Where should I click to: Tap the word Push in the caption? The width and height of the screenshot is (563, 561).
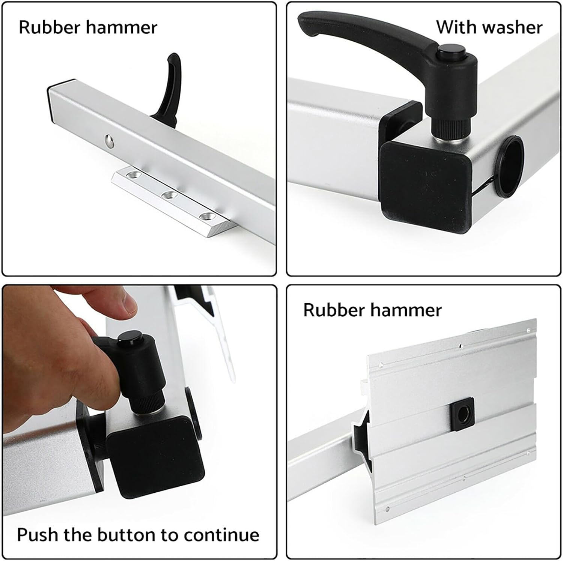click(38, 534)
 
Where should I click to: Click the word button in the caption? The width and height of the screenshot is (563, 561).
click(126, 534)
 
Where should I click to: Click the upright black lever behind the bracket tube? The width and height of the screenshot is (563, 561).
click(169, 90)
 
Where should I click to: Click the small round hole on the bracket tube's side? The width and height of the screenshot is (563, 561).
click(109, 141)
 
